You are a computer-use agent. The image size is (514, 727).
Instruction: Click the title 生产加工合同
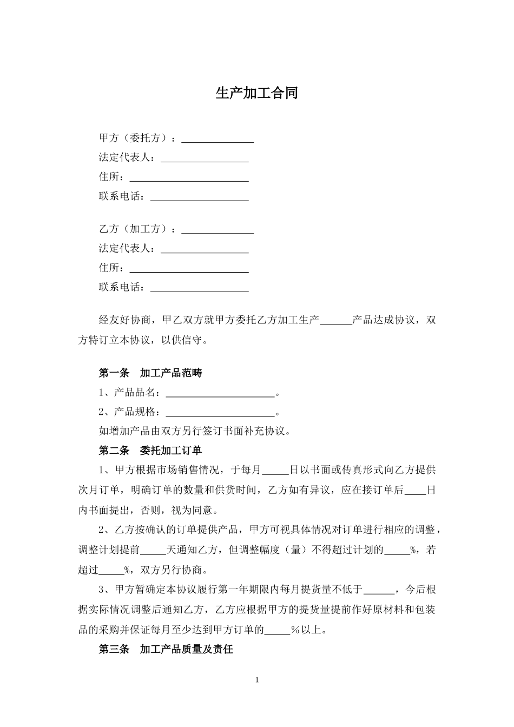point(256,93)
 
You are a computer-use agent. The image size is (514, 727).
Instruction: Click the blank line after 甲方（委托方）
point(218,138)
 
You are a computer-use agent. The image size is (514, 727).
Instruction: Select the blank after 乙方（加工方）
point(218,229)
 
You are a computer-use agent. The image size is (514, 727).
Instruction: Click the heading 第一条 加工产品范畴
point(150,373)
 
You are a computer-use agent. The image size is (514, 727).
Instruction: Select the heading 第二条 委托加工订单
point(150,450)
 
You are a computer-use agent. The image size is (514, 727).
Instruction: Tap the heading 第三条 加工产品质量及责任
point(166,649)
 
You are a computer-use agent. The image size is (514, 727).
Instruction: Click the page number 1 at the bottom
point(257,680)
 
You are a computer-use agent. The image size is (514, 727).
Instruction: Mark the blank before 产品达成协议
point(336,320)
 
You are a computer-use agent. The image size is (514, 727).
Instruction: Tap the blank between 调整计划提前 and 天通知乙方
point(153,551)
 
